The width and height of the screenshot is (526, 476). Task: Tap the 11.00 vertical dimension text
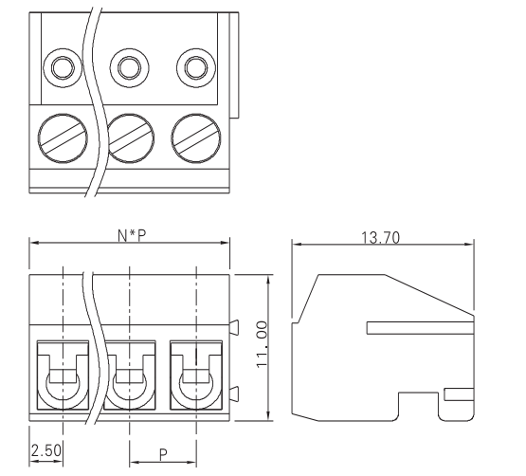263,346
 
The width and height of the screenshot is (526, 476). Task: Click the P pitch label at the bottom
162,454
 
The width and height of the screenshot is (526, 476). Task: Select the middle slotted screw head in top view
129,139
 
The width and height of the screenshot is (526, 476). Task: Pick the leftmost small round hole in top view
63,68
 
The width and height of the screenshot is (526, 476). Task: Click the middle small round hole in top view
129,68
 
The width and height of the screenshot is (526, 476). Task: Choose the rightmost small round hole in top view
194,68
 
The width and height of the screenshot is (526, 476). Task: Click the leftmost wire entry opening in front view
63,379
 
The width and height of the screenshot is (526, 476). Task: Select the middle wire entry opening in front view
129,379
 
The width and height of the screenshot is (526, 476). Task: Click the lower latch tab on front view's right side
233,393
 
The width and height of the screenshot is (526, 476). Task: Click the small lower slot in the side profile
458,392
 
